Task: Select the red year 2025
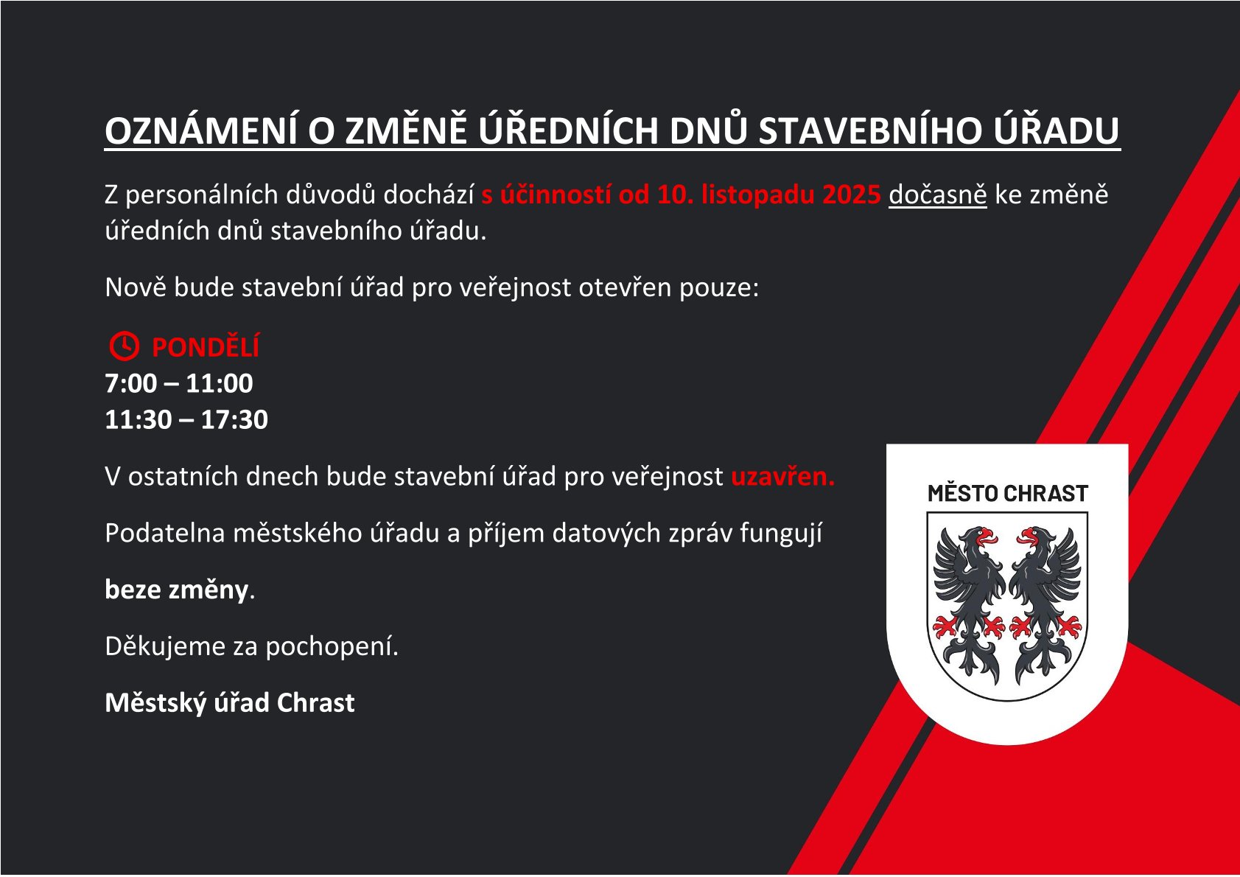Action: (x=852, y=195)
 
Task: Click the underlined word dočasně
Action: (x=938, y=195)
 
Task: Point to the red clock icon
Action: (x=124, y=346)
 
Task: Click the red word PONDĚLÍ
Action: (x=206, y=346)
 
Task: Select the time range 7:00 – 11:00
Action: (x=179, y=383)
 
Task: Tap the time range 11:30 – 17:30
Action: (x=186, y=419)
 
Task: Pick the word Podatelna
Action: (x=165, y=533)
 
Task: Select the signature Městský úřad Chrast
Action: (x=230, y=703)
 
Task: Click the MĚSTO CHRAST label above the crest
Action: (x=1007, y=493)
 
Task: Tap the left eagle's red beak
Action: (x=987, y=537)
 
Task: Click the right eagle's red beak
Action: (x=1027, y=537)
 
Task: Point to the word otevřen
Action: (x=625, y=287)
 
